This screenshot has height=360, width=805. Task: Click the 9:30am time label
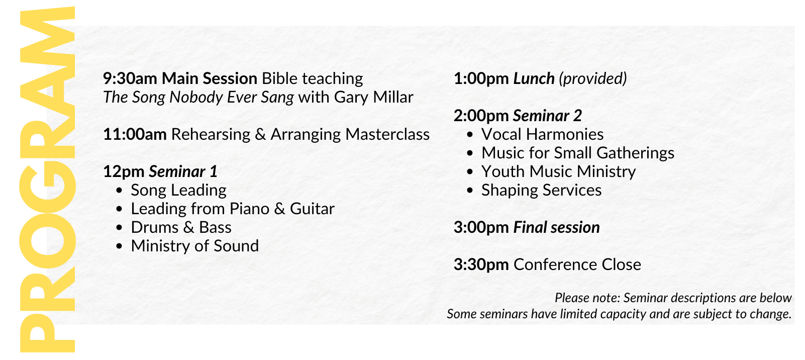130,78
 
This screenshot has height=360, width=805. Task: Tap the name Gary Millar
374,97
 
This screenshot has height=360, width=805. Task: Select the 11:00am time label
135,134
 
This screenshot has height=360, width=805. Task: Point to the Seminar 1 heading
183,171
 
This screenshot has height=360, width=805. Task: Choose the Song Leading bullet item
178,190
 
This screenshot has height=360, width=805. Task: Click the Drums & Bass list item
181,227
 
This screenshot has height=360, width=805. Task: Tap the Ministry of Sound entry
195,246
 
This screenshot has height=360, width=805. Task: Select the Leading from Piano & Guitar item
233,209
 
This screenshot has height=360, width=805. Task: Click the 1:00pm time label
481,78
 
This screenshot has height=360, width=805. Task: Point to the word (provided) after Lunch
592,79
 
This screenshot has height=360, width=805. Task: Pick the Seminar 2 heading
547,116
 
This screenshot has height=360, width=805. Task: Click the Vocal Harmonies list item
542,134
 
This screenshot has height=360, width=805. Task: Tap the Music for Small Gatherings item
578,153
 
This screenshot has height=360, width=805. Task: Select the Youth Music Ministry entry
558,171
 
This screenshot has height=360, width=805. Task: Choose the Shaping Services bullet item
541,190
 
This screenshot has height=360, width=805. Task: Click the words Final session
557,227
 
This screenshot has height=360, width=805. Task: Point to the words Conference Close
577,264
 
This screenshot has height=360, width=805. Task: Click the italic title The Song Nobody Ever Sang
198,97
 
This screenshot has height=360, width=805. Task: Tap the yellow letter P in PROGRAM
47,333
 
